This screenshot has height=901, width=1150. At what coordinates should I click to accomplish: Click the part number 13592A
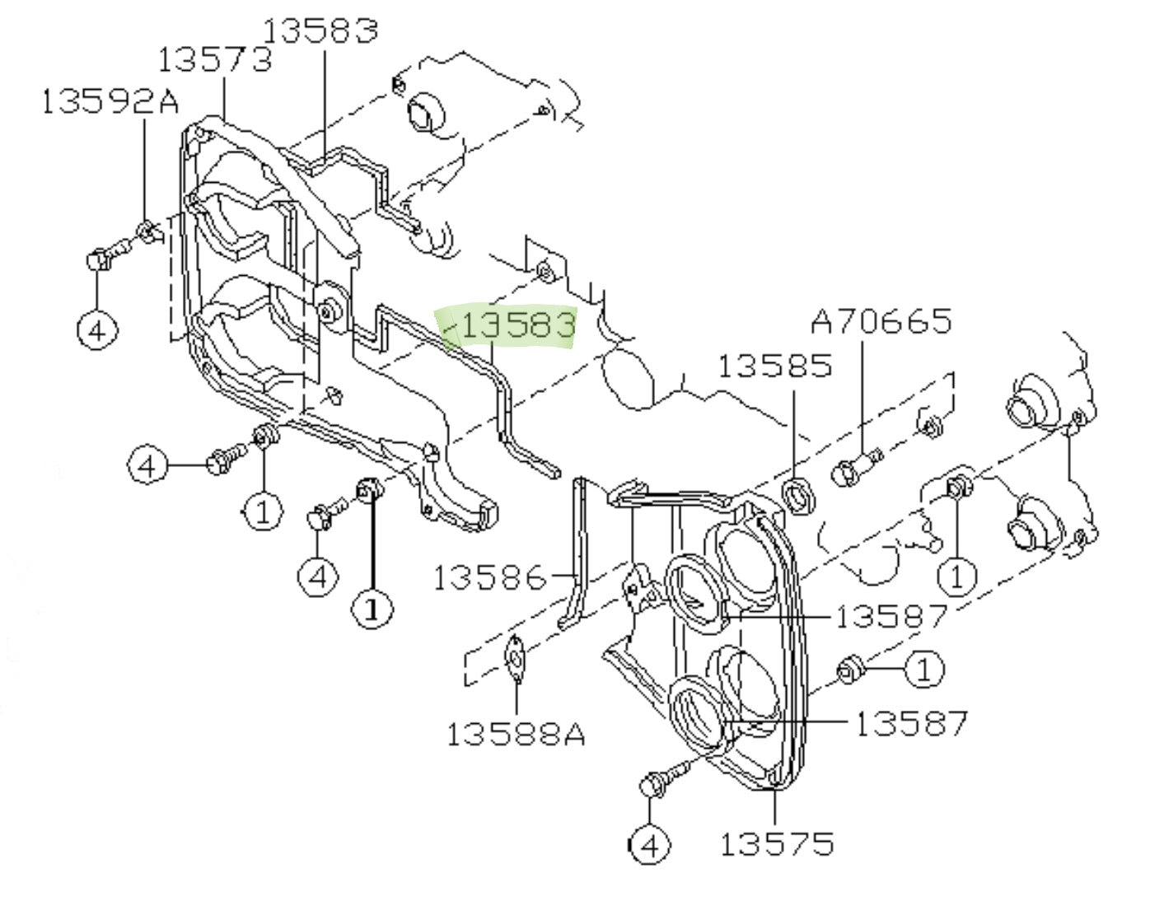click(x=109, y=101)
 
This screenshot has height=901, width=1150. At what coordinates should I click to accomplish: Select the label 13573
click(x=214, y=59)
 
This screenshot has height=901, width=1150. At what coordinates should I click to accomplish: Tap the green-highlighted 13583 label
click(x=517, y=324)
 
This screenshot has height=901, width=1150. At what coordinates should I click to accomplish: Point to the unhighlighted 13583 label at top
click(x=320, y=30)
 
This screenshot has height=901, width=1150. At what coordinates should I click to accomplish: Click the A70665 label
click(x=881, y=321)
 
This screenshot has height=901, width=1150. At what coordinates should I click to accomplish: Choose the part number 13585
click(x=774, y=366)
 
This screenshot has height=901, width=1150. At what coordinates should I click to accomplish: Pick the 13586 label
click(x=489, y=577)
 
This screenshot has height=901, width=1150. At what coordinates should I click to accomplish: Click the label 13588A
click(x=516, y=733)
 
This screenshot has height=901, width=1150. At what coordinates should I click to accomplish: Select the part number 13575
click(x=777, y=843)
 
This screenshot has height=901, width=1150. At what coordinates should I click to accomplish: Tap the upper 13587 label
click(x=891, y=616)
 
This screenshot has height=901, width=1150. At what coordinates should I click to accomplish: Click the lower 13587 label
click(x=911, y=724)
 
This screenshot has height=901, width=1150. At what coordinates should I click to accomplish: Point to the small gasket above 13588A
click(x=517, y=659)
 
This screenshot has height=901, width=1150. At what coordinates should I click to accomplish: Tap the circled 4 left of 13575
click(x=650, y=845)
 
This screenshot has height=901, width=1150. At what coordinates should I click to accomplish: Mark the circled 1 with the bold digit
click(x=372, y=609)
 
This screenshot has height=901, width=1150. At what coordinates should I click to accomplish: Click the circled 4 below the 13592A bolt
click(x=97, y=331)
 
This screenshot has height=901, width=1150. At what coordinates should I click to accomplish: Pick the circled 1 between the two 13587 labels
click(x=924, y=670)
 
